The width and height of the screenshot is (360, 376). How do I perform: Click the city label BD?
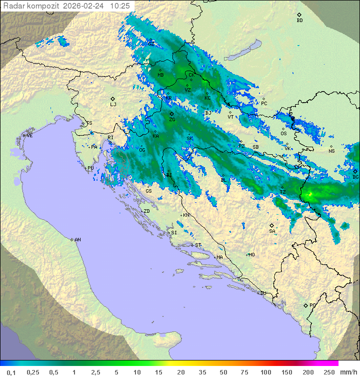(299, 21)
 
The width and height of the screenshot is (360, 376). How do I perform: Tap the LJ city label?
(113, 105)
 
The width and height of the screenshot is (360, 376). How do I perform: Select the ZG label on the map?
(172, 120)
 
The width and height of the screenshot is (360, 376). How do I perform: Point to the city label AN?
(77, 240)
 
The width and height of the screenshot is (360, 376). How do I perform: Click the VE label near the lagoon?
(29, 136)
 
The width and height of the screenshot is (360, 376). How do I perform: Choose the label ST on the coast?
(198, 245)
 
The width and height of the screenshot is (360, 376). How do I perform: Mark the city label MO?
(251, 254)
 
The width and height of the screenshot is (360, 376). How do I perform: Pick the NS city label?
(331, 151)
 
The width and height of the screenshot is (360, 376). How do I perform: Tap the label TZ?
(282, 192)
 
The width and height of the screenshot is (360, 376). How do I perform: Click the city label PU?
(90, 168)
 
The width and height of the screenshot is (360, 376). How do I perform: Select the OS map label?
(283, 134)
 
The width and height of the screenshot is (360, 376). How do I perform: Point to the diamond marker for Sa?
(272, 225)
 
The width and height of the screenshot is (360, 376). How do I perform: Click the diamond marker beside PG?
(305, 305)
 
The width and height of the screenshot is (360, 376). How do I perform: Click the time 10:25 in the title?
(119, 6)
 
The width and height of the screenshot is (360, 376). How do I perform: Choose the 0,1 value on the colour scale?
(11, 372)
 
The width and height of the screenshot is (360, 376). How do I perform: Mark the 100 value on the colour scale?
(265, 372)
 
